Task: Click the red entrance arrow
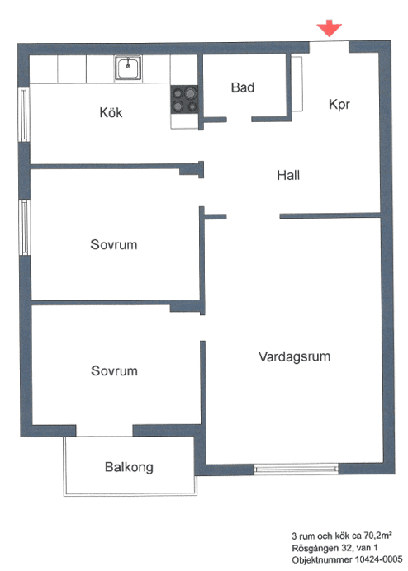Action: (329, 28)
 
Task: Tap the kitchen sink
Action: (128, 68)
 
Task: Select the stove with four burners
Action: (184, 99)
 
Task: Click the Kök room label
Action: (111, 112)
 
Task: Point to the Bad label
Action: (243, 87)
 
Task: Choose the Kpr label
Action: (339, 105)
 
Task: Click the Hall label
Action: (288, 175)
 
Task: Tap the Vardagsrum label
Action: (295, 356)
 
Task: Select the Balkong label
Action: (129, 467)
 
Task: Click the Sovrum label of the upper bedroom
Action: (114, 244)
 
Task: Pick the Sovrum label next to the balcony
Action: (114, 370)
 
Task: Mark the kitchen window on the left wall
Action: (24, 115)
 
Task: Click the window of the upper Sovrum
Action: (25, 227)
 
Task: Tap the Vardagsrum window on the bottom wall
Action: (296, 469)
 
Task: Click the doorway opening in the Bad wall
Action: (240, 120)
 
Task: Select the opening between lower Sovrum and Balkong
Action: (104, 431)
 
